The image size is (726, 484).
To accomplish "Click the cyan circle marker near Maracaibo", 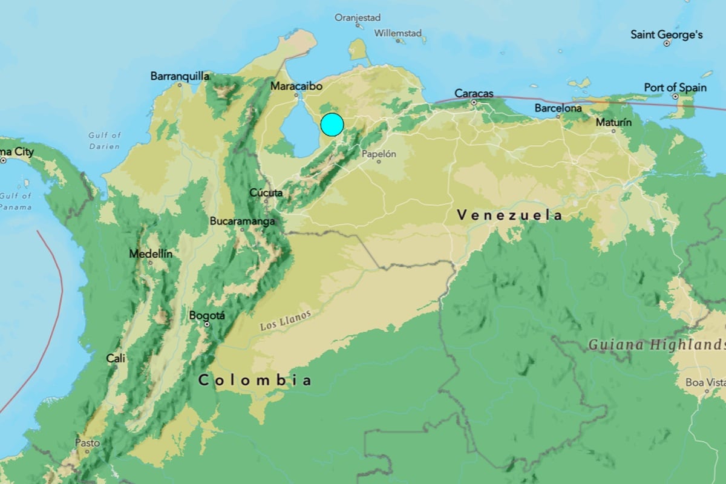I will [332, 124].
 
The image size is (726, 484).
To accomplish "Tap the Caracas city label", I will [474, 94].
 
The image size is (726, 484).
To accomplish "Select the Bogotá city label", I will [207, 315].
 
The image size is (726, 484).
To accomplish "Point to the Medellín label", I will [150, 254].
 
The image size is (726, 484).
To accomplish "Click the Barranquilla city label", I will [180, 76].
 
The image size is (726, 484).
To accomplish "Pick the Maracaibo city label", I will [296, 87].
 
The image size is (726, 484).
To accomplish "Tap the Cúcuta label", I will [266, 193].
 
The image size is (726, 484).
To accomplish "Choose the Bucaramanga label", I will [242, 221].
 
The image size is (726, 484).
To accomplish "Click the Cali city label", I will [116, 358].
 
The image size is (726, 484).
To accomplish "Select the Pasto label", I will [87, 443].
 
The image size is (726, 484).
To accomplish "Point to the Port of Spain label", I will [675, 88].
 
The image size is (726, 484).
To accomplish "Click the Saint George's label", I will [667, 34].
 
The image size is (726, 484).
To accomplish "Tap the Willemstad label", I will [397, 33].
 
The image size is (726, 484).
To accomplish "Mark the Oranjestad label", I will [358, 18].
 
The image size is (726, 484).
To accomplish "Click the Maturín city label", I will [613, 122].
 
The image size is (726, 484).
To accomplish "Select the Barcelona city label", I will [558, 108].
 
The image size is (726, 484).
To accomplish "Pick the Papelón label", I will [379, 154].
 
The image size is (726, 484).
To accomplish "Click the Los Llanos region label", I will [286, 319].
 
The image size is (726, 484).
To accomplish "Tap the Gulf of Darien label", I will [104, 140].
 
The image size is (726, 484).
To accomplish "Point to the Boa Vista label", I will [705, 382].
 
